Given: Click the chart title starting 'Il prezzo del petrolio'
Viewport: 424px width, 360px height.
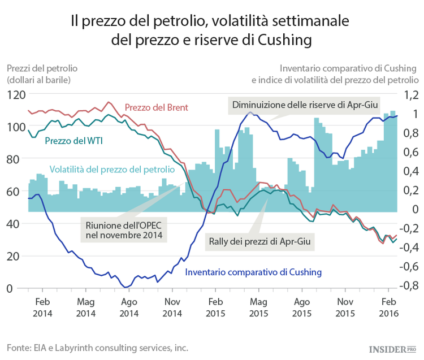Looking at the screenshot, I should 211,31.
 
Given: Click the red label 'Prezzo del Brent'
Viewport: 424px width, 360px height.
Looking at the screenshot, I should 156,107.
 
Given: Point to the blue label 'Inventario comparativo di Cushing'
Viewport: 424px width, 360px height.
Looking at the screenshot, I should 253,272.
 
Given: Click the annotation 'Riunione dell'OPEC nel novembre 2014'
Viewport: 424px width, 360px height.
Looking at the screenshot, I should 123,230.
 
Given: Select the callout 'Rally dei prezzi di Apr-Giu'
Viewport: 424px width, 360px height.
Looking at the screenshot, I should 260,241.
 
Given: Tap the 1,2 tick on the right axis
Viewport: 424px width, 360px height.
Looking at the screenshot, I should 409,95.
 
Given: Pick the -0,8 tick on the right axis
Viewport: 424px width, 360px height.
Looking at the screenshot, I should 407,285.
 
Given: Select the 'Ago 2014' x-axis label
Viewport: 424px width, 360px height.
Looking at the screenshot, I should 129,307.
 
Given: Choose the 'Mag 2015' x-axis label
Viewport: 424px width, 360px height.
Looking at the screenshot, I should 258,307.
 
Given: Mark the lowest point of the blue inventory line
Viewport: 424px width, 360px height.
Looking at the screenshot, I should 126,287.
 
